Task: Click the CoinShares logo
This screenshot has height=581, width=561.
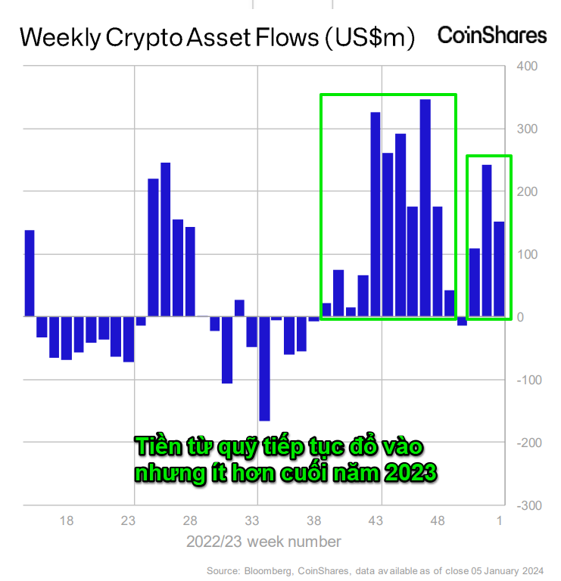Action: pos(492,35)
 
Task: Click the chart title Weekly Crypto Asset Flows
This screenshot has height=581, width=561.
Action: pos(217,37)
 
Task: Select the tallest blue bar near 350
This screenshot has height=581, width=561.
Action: pos(425,207)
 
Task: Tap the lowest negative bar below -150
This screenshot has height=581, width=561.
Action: pos(264,368)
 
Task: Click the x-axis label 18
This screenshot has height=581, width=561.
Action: pos(67,520)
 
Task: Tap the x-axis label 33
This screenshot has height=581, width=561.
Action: pos(253,520)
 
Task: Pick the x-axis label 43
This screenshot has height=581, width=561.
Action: pos(376,520)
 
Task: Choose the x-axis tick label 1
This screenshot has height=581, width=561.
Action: pos(500,520)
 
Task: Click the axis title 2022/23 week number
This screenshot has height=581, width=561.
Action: pos(263,542)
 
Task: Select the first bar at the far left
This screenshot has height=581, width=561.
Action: pos(30,272)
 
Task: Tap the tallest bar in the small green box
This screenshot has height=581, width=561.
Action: pos(487,240)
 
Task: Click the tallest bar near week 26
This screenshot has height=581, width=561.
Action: pos(165,239)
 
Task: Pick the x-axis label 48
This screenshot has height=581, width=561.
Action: pos(438,520)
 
